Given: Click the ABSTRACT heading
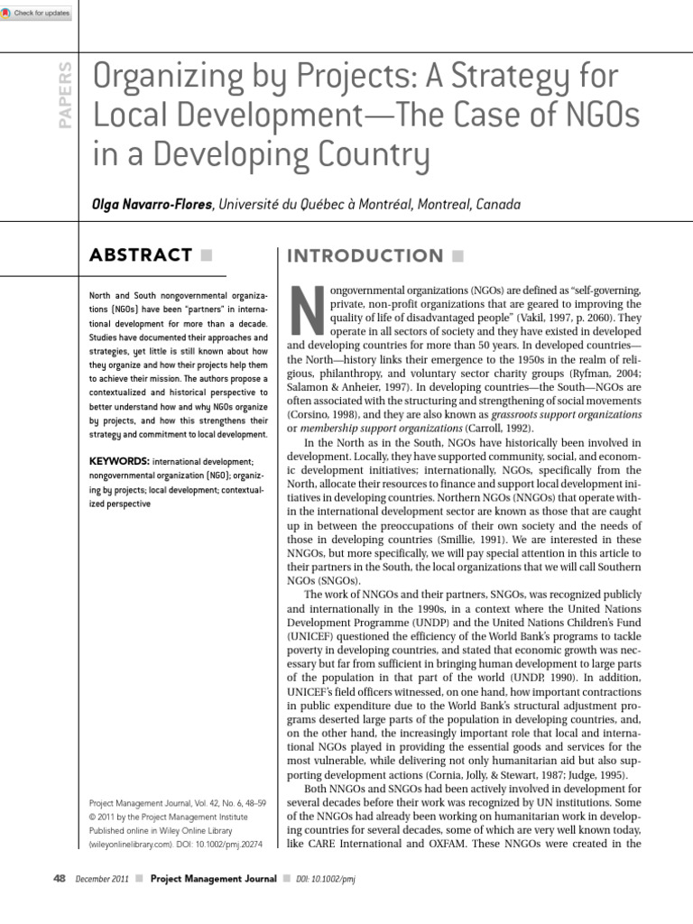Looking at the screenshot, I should [140, 255].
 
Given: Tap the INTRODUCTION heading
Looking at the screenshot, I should [365, 256].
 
